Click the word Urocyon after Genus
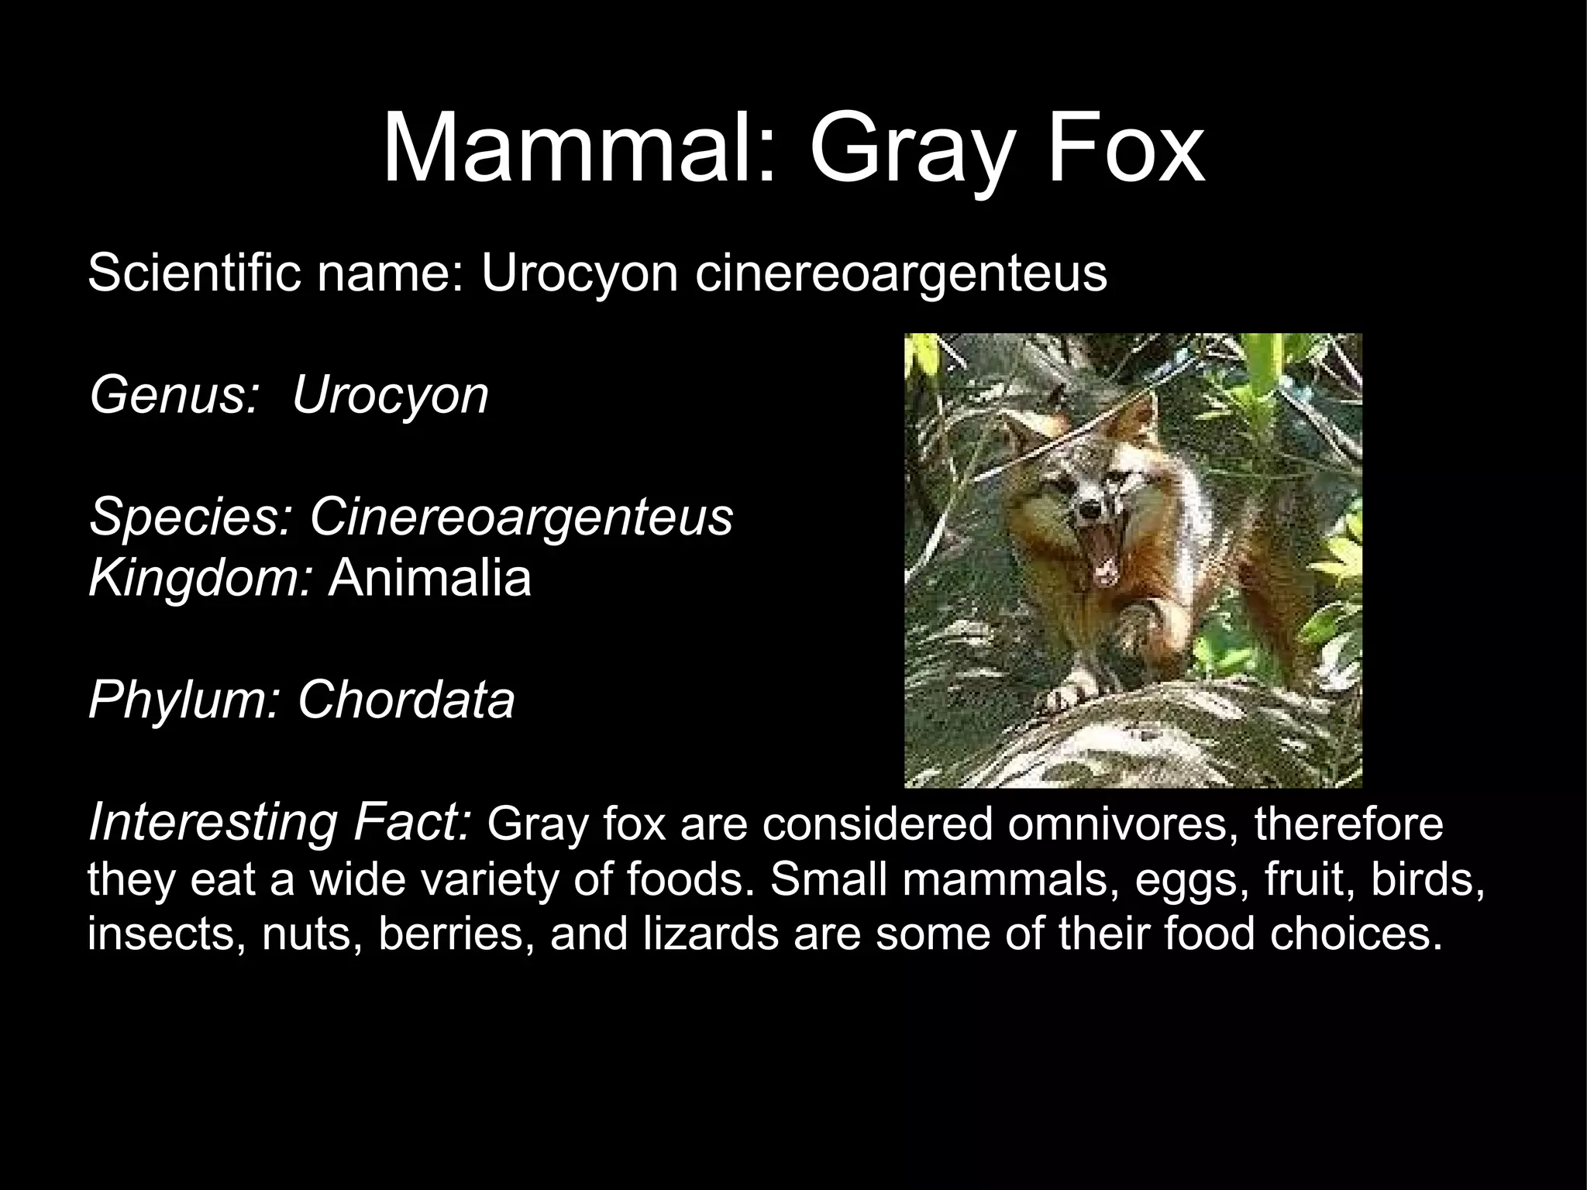[x=390, y=395]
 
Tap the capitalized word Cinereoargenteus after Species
[x=521, y=518]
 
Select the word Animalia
[x=429, y=578]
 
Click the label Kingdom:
[x=201, y=578]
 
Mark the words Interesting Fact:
[x=280, y=823]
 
